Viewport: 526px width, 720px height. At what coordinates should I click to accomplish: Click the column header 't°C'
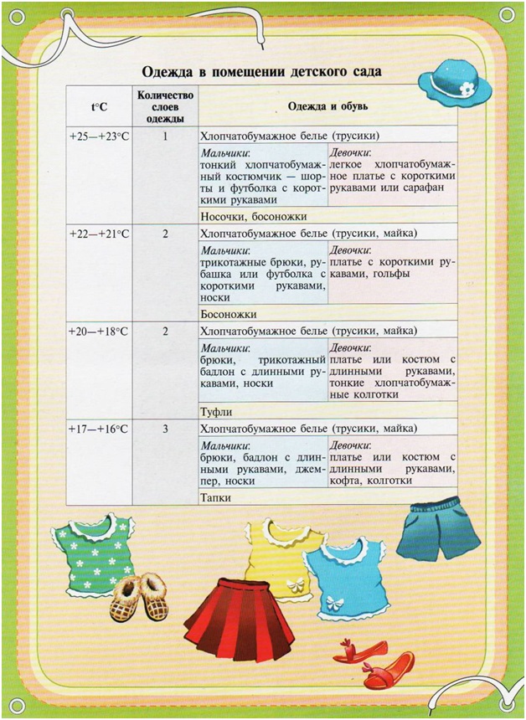pyautogui.click(x=99, y=107)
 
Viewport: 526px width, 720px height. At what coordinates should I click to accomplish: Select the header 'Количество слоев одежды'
pyautogui.click(x=165, y=107)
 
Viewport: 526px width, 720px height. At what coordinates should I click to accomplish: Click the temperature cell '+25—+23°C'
pyautogui.click(x=99, y=136)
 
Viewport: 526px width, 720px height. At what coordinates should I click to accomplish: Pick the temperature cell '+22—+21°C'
pyautogui.click(x=99, y=234)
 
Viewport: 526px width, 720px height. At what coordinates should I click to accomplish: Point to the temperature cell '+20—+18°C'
pyautogui.click(x=99, y=332)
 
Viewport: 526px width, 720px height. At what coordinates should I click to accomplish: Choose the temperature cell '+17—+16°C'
pyautogui.click(x=99, y=429)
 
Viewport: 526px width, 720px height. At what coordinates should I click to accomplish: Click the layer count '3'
pyautogui.click(x=165, y=429)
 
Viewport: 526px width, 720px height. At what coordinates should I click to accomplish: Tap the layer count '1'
pyautogui.click(x=165, y=136)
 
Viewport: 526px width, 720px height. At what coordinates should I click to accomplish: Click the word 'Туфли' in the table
pyautogui.click(x=217, y=412)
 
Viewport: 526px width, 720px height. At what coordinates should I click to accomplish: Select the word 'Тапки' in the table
pyautogui.click(x=216, y=497)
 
